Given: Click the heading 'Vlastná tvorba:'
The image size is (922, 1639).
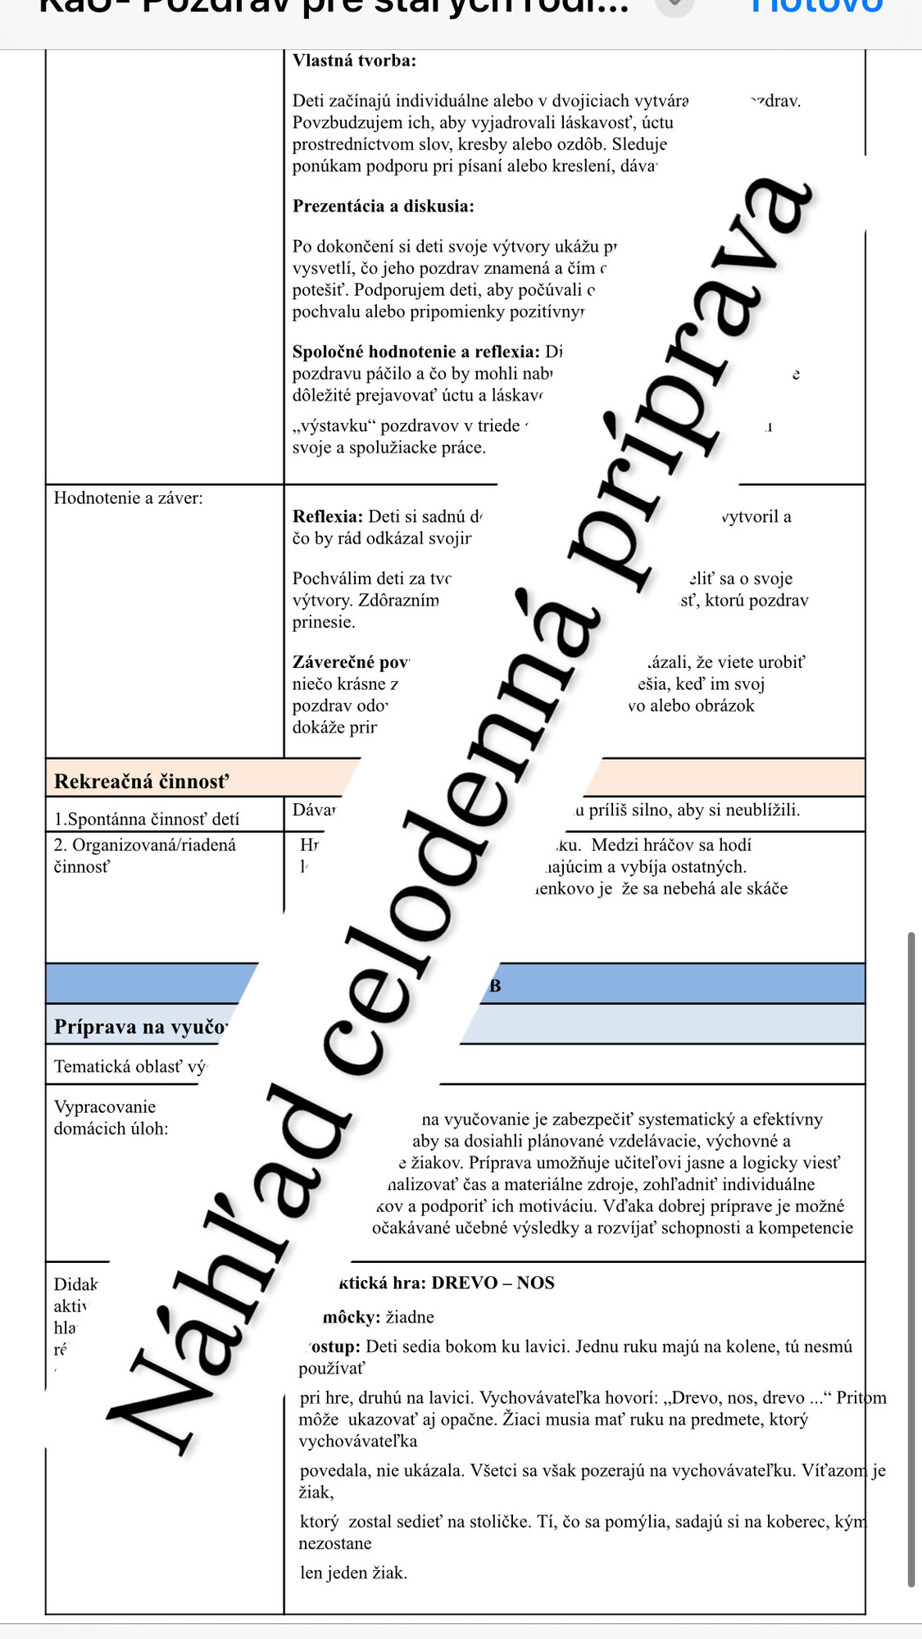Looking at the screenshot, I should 354,60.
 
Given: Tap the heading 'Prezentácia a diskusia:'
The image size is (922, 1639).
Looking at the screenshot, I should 383,206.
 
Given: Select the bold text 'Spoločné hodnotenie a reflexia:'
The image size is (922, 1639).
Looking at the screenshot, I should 416,352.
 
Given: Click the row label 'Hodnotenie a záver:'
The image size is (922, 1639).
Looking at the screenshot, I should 128,497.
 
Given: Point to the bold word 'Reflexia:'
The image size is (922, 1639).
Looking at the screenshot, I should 327,516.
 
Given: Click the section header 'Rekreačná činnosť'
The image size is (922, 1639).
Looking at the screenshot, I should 141,781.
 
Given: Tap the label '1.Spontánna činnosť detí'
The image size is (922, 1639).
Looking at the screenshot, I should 147,819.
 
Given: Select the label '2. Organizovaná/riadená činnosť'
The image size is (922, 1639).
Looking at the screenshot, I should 144,855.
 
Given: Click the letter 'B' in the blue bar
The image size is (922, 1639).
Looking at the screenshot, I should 495,986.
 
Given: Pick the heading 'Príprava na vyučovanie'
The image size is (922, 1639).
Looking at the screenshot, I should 140,1027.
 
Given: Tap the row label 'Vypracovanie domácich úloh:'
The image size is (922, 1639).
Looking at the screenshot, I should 111,1117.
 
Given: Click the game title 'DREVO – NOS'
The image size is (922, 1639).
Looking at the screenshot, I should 493,1283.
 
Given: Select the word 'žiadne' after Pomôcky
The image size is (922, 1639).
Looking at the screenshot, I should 410,1317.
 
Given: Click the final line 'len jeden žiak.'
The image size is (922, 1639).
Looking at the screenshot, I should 353,1573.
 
